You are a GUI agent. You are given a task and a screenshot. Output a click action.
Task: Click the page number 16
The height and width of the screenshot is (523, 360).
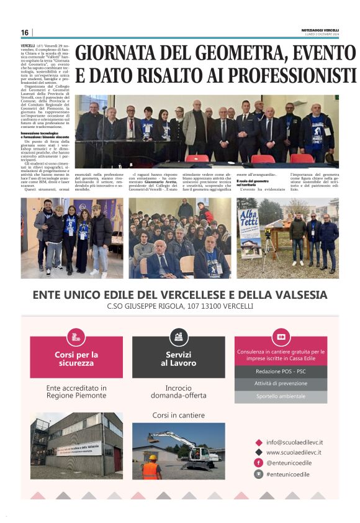24,33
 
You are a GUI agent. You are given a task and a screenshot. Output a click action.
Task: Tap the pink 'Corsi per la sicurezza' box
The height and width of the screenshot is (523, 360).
76,358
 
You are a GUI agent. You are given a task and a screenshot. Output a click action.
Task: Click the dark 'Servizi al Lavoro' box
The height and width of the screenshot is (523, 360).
178,358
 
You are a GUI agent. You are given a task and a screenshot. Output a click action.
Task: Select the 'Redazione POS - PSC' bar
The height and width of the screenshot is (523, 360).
280,371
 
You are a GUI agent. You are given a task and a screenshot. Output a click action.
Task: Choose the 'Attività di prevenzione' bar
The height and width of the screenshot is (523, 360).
280,383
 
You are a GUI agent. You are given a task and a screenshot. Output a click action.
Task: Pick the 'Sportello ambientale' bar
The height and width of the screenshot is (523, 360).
280,395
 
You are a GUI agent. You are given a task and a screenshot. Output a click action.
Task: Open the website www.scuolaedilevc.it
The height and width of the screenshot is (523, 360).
294,452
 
